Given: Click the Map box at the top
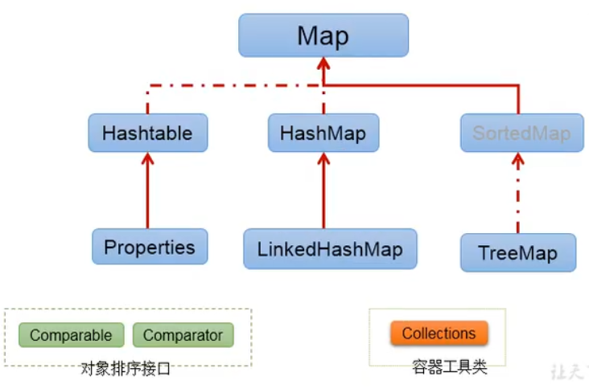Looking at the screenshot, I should point(323,35).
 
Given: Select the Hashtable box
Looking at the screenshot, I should point(147,133).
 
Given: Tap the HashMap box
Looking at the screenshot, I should point(323,133).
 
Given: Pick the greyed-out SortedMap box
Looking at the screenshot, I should point(520,133).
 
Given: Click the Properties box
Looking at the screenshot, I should point(150,247).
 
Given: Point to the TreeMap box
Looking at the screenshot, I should point(518,252).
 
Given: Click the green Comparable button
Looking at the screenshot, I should point(71,335).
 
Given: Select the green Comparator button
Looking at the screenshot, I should point(183,335).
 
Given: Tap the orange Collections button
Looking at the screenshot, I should point(439,333).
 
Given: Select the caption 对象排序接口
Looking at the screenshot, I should point(126,369).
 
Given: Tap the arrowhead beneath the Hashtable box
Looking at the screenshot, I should point(147,159).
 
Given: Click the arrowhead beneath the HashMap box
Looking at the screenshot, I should point(323,159).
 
